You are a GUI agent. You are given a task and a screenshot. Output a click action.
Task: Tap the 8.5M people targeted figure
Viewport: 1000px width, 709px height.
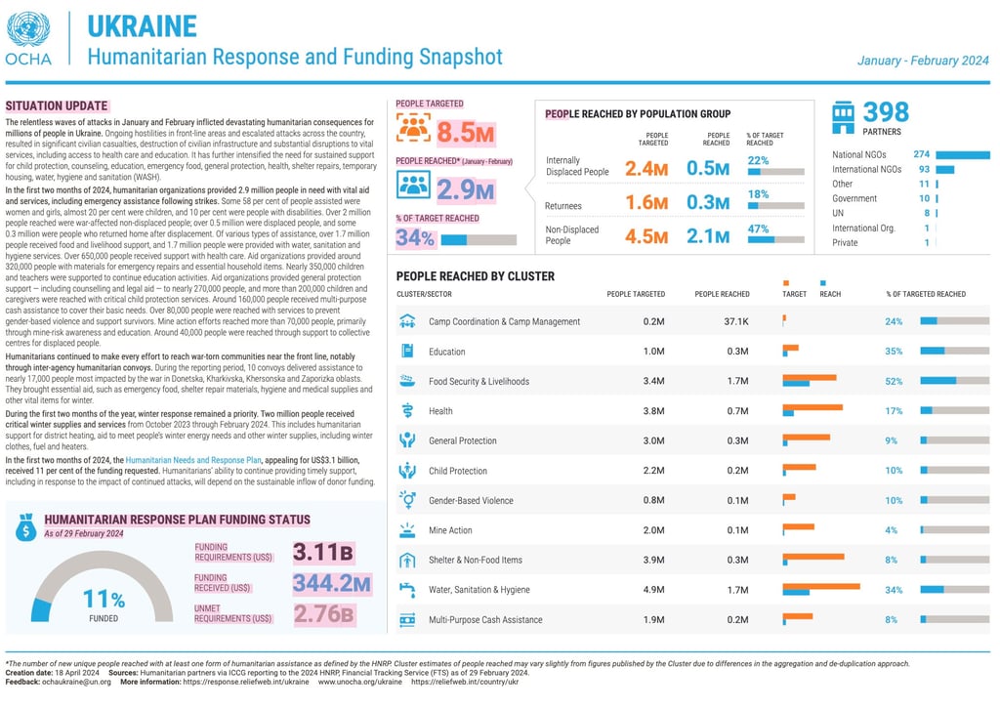click(x=466, y=131)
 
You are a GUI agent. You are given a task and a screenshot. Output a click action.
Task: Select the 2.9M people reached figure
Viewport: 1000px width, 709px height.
click(x=465, y=188)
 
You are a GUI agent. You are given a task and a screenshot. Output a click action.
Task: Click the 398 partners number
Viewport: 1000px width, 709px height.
click(x=886, y=112)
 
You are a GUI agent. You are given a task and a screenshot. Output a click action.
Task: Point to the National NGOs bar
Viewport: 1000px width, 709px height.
click(x=963, y=154)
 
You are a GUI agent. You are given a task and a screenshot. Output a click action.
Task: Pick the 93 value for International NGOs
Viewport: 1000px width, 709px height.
click(x=923, y=169)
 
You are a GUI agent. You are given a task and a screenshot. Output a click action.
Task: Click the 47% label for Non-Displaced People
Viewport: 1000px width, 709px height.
click(x=757, y=229)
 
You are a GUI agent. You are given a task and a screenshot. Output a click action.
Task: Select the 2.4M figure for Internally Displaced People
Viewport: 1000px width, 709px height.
click(x=646, y=169)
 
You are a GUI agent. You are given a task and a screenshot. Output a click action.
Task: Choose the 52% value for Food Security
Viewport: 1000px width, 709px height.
click(x=894, y=381)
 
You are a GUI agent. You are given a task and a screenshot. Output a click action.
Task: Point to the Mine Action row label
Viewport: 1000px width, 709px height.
click(x=450, y=530)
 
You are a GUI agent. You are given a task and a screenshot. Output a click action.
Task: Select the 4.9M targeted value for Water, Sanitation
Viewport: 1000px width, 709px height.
click(x=653, y=590)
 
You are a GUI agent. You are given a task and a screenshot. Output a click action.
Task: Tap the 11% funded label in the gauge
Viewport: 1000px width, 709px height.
click(x=104, y=599)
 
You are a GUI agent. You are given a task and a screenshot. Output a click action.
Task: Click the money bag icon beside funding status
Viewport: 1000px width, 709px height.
click(x=25, y=527)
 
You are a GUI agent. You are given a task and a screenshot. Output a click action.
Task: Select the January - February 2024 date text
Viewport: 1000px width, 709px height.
click(x=923, y=61)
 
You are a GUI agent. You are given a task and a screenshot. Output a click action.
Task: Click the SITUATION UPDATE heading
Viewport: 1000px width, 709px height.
click(x=57, y=104)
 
